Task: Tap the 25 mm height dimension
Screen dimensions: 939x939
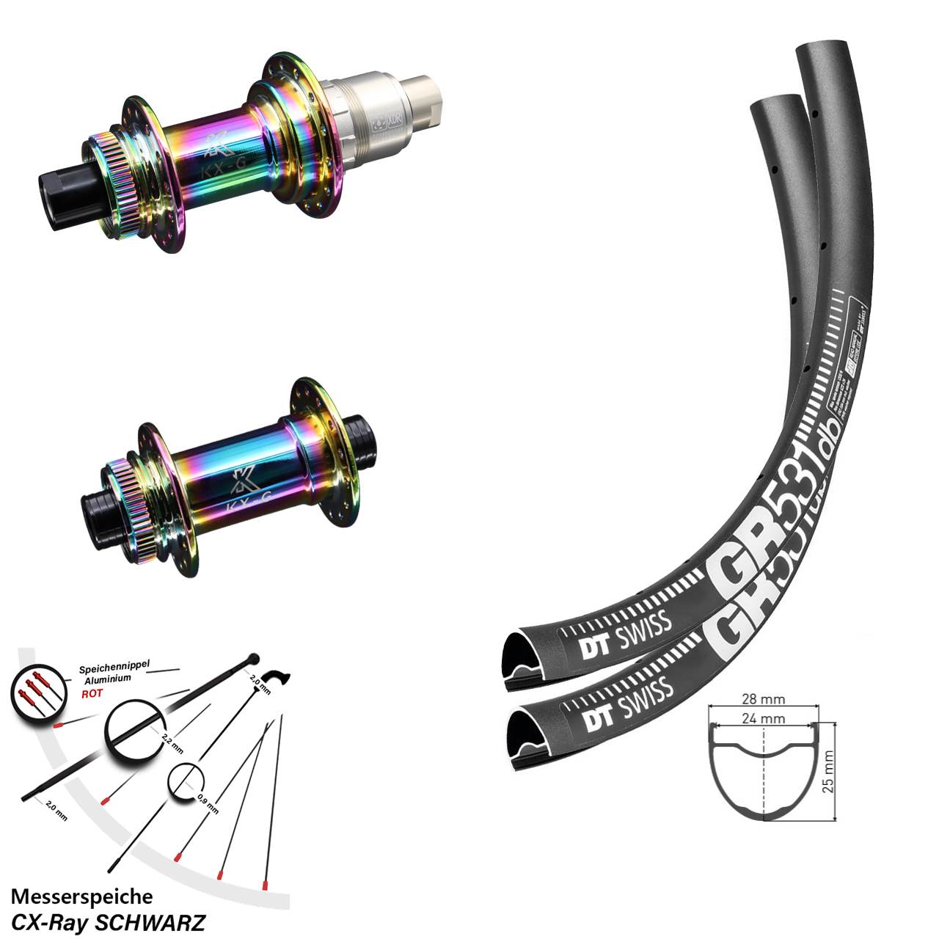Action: click(828, 771)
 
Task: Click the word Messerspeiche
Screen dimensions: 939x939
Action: click(82, 896)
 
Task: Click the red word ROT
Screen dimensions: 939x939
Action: click(92, 693)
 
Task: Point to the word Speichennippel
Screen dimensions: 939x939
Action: click(114, 668)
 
